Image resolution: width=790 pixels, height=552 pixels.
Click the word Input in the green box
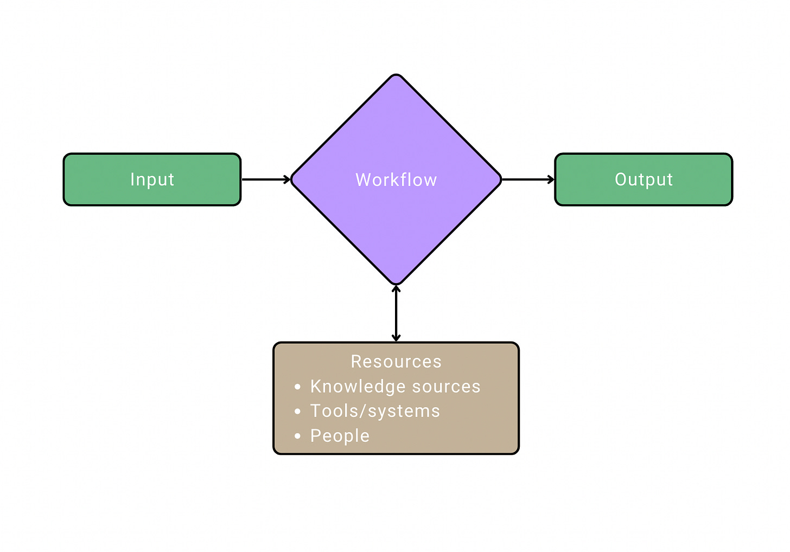click(x=152, y=179)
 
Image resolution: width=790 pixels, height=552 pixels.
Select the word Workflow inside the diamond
click(x=396, y=180)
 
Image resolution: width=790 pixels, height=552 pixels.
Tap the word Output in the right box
click(x=644, y=179)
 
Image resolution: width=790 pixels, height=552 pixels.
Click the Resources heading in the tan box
click(x=396, y=362)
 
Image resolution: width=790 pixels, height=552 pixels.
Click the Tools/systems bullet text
click(x=375, y=411)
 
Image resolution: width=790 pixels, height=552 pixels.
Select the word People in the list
click(x=340, y=436)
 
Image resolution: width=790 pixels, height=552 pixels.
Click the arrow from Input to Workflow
click(x=266, y=179)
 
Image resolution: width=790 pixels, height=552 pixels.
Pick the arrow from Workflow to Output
click(x=527, y=179)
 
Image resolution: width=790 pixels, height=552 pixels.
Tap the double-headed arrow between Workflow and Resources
click(x=396, y=313)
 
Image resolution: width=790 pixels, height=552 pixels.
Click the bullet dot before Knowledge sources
click(x=297, y=387)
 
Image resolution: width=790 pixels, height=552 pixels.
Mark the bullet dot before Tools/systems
click(x=297, y=412)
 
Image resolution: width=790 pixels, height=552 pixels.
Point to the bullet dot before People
click(x=297, y=436)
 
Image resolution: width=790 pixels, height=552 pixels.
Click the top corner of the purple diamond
click(x=396, y=76)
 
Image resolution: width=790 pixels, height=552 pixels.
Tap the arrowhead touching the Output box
click(x=551, y=179)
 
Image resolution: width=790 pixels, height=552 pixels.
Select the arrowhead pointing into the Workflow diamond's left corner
click(x=287, y=179)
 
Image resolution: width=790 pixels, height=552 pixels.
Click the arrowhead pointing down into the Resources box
click(x=396, y=338)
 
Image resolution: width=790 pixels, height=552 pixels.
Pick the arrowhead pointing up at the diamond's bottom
click(x=396, y=289)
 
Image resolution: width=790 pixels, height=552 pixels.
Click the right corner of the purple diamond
click(x=499, y=179)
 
